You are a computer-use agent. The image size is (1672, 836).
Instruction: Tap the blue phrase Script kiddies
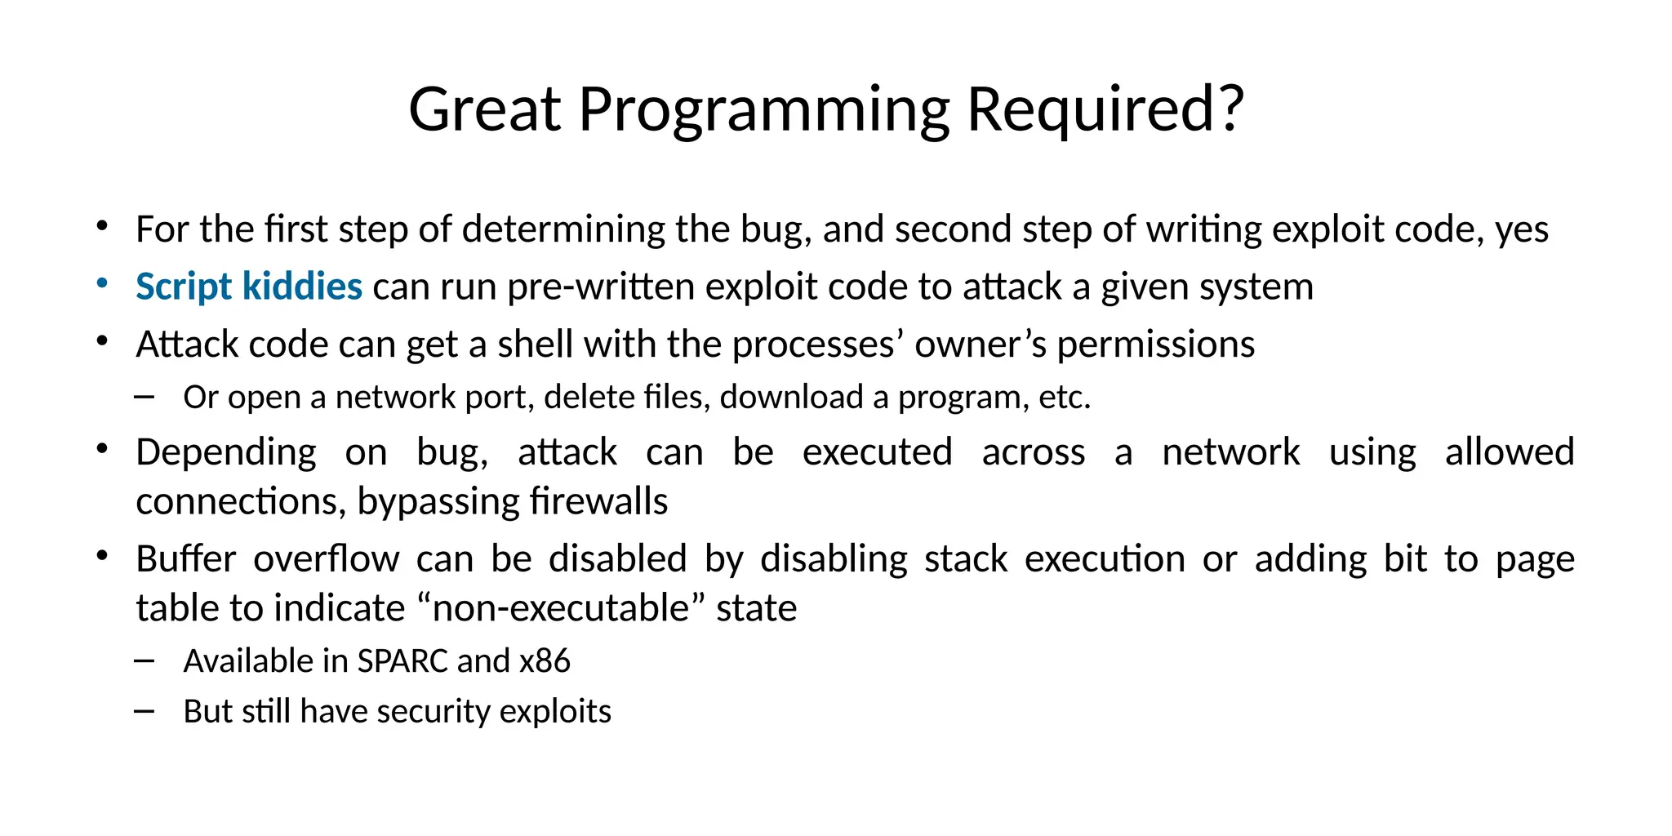(249, 287)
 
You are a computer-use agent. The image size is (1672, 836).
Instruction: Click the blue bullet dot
(102, 283)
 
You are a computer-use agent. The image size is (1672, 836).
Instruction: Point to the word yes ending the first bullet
(1522, 229)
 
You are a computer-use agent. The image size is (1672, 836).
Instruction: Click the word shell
(536, 344)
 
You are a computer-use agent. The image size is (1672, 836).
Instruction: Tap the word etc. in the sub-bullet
(1065, 397)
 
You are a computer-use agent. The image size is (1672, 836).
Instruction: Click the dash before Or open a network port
(145, 397)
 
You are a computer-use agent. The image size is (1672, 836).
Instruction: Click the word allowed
(1510, 451)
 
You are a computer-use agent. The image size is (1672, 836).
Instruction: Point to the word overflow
(326, 558)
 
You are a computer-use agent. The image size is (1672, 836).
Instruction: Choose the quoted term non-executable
(562, 608)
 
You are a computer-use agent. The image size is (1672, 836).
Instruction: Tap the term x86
(545, 660)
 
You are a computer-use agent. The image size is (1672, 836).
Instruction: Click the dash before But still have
(145, 711)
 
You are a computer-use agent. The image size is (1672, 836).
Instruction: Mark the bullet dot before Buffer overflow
(102, 556)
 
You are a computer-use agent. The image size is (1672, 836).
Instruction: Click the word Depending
(226, 451)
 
